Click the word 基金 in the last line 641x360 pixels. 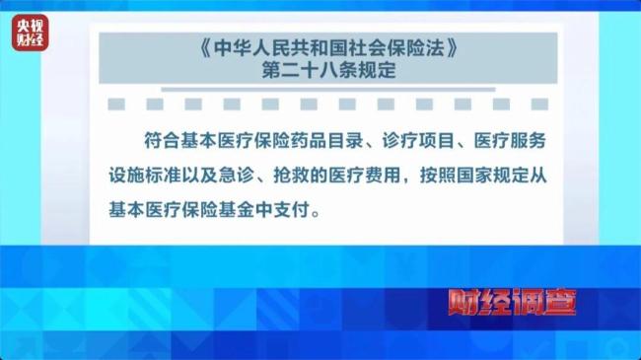coord(256,210)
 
